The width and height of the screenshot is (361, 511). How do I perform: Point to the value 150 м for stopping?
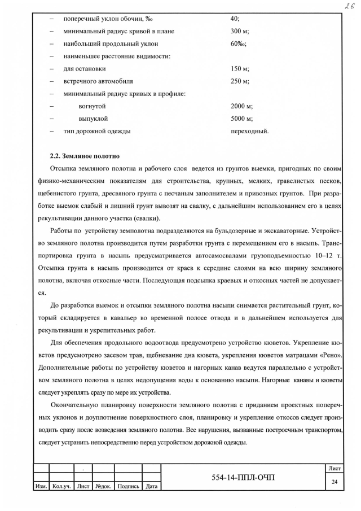pos(240,68)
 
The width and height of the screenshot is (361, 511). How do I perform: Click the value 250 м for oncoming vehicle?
pos(240,81)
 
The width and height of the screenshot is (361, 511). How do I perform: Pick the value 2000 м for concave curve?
pos(241,106)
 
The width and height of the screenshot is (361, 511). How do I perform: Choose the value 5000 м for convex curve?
pos(241,119)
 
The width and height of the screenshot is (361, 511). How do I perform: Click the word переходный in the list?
pos(249,131)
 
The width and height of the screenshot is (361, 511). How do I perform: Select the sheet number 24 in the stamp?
pos(334,482)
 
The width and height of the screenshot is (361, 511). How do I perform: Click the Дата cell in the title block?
pos(151,486)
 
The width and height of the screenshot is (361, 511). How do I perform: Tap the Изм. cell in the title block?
pos(41,486)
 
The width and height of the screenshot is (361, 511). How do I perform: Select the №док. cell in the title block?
pos(103,486)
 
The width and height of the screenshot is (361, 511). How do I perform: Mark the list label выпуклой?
pos(93,119)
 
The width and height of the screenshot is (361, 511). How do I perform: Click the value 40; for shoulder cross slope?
pos(235,19)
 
